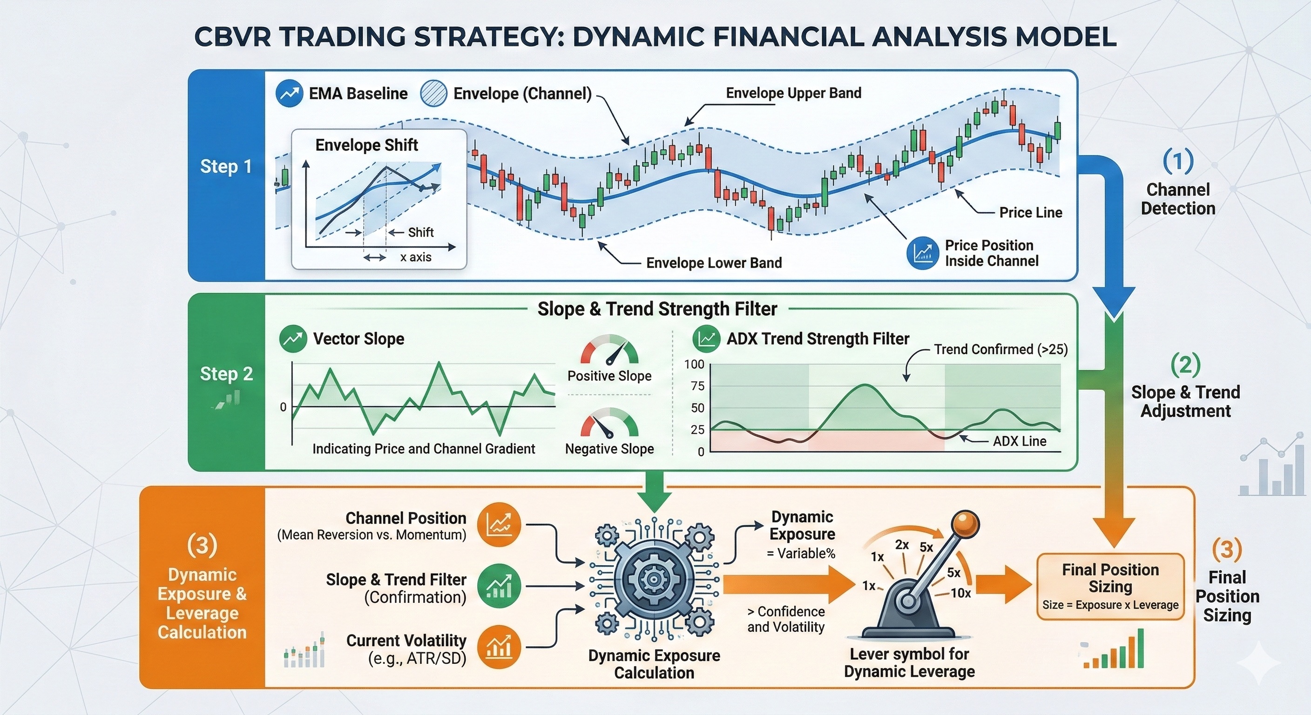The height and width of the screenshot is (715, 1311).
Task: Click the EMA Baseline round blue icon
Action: click(x=289, y=94)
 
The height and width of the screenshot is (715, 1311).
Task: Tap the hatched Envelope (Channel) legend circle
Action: click(x=433, y=94)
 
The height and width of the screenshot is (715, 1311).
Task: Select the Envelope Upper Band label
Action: click(x=793, y=93)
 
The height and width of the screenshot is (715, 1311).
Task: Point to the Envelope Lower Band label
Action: click(x=714, y=263)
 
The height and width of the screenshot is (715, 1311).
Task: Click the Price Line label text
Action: click(x=1031, y=212)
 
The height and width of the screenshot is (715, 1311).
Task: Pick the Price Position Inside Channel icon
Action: click(x=923, y=253)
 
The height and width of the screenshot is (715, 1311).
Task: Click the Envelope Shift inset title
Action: click(x=366, y=145)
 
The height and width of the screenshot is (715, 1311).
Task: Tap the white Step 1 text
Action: click(x=226, y=166)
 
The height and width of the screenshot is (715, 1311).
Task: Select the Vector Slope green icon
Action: click(x=293, y=339)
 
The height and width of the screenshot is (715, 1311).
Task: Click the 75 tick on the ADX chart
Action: click(x=697, y=386)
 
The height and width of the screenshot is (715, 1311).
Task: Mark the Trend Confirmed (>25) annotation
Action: click(x=1000, y=349)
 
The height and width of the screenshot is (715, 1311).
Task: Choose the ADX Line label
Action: click(x=1020, y=441)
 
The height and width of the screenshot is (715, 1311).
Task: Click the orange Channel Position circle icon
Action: click(x=499, y=525)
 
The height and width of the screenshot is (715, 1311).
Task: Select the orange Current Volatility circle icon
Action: click(x=499, y=647)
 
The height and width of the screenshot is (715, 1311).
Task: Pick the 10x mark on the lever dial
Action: click(x=961, y=593)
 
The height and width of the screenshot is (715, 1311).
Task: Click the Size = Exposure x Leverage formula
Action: click(x=1110, y=605)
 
